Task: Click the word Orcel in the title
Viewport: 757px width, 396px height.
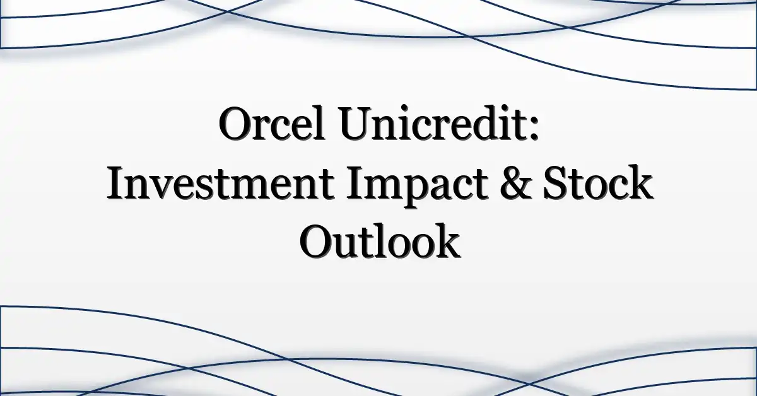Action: [272, 124]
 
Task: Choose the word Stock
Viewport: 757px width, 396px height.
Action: [597, 182]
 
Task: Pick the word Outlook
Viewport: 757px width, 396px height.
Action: [380, 241]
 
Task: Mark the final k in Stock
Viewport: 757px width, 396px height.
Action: [637, 182]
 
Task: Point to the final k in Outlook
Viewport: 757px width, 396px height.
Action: [445, 241]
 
